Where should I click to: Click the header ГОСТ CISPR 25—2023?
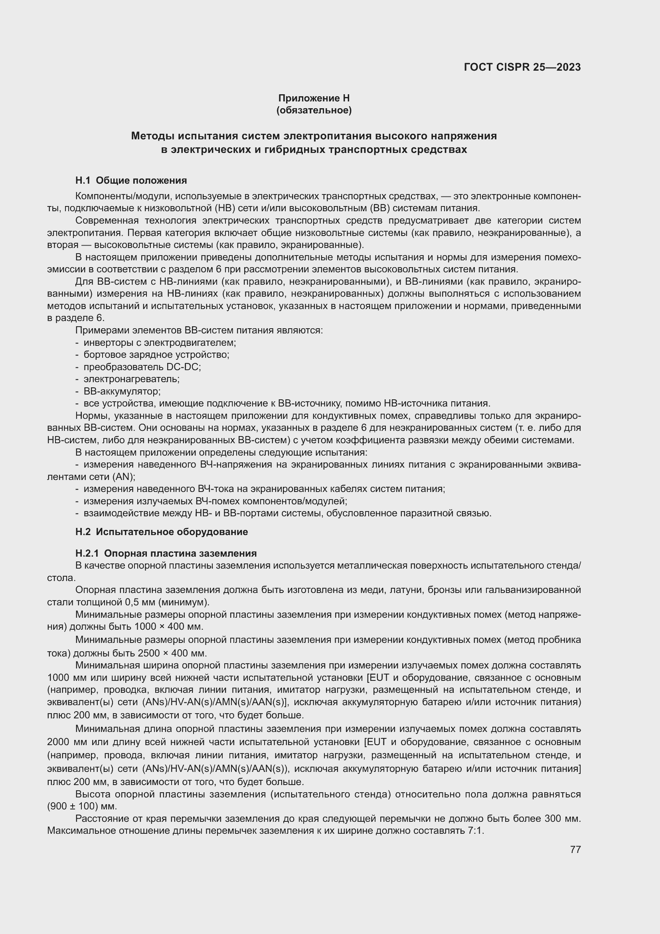coord(522,67)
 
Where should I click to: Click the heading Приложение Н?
coord(314,98)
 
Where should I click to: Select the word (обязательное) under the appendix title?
coord(314,110)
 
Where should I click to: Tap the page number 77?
coord(575,849)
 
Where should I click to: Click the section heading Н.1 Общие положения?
coord(131,180)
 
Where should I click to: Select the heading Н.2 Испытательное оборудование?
coord(161,531)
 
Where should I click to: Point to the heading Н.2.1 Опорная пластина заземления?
coord(166,553)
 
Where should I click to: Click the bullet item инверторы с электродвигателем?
coord(159,343)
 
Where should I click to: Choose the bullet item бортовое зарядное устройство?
coord(156,355)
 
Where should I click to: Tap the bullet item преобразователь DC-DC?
coord(142,367)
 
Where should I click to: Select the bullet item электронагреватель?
coord(131,379)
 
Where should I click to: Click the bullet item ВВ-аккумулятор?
coord(122,391)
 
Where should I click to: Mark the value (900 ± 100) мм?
coord(82,806)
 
